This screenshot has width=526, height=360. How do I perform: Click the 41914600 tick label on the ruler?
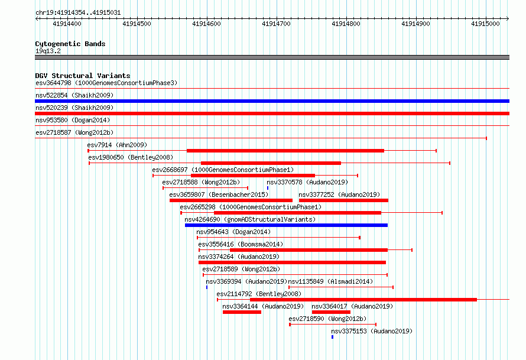(x=206, y=24)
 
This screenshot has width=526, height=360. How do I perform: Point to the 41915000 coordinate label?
(x=485, y=24)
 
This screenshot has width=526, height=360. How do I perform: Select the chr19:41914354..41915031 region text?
(x=78, y=13)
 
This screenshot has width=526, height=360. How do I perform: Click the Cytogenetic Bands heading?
(x=70, y=44)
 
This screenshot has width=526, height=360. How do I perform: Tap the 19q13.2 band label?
(x=48, y=51)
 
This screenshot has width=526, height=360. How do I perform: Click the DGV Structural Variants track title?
(x=83, y=76)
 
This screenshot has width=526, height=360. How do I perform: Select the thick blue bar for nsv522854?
(x=272, y=101)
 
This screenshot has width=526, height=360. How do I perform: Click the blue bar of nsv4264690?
(x=286, y=225)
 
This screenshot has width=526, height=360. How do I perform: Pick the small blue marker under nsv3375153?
(x=332, y=337)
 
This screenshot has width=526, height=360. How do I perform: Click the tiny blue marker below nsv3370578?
(x=268, y=188)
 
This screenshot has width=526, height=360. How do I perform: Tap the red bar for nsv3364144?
(x=242, y=312)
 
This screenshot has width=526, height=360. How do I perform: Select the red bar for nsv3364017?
(x=331, y=312)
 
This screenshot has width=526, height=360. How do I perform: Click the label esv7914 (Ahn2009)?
(x=117, y=145)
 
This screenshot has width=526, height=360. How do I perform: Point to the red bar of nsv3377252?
(x=343, y=200)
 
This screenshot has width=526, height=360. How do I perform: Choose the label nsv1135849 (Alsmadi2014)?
(x=330, y=281)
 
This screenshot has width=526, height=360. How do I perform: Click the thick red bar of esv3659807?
(x=231, y=200)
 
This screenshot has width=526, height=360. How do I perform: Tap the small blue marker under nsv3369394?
(x=207, y=287)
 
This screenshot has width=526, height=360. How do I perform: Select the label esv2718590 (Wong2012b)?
(x=327, y=319)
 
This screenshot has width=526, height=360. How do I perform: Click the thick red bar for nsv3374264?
(x=292, y=262)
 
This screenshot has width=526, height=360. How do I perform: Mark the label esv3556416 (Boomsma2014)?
(x=241, y=244)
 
